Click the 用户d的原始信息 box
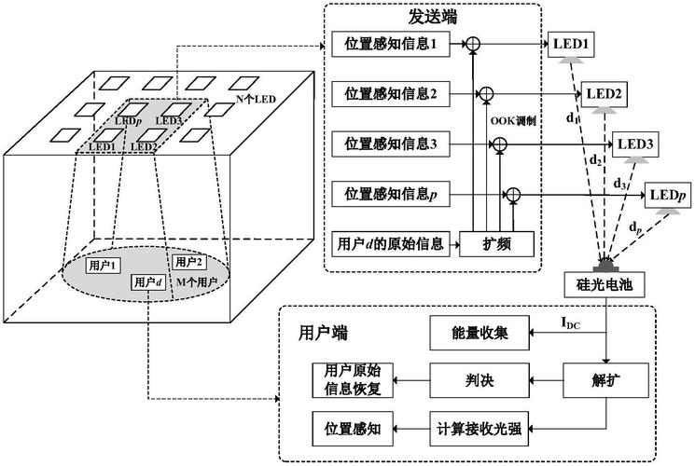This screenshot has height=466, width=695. (x=389, y=244)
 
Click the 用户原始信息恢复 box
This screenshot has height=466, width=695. (x=346, y=379)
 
